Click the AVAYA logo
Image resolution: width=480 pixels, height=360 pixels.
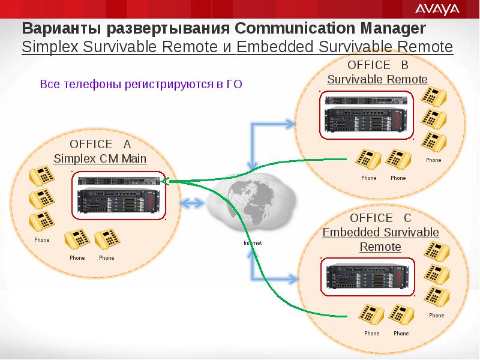pos(437,10)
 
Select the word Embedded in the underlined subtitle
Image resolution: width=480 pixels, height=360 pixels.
pos(275,47)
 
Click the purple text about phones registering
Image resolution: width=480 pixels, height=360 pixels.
pos(141,84)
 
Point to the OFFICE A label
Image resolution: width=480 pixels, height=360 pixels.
pos(100,144)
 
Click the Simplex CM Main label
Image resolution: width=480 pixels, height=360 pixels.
pos(100,158)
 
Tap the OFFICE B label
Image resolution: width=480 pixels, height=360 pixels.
pos(378,65)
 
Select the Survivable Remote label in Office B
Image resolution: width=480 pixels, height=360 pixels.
pos(377,79)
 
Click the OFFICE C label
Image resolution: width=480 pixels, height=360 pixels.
pos(380,218)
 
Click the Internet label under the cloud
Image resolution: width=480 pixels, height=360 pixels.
pos(253,243)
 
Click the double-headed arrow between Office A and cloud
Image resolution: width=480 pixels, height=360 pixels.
pos(192,203)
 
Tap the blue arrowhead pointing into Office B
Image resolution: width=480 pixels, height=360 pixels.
pos(290,124)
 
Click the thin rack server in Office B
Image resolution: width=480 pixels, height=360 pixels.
pos(366,100)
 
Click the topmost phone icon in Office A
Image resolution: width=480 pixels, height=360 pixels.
pos(42,175)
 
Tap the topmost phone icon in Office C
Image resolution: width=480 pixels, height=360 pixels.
pos(437,251)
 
